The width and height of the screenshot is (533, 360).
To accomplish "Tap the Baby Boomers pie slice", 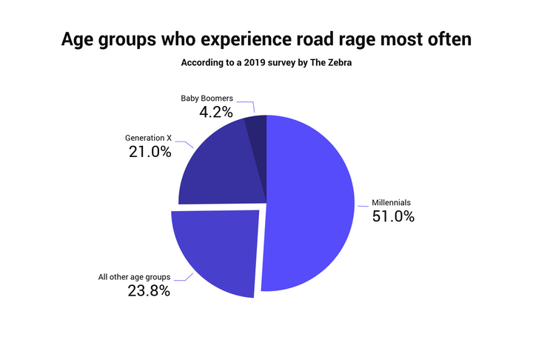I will (x=256, y=126).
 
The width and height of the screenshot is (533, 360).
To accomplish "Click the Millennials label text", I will (x=390, y=202).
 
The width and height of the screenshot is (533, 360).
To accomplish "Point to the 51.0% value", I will (x=393, y=217).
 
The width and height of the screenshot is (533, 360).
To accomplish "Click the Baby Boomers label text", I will (x=207, y=98).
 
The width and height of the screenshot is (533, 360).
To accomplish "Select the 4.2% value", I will (x=215, y=113).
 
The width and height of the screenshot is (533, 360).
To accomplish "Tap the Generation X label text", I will (x=147, y=138).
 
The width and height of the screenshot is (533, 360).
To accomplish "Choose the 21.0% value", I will (x=150, y=153).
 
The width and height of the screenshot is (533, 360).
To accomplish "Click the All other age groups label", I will (x=134, y=277).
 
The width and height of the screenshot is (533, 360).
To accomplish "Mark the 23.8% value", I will (x=149, y=291).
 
